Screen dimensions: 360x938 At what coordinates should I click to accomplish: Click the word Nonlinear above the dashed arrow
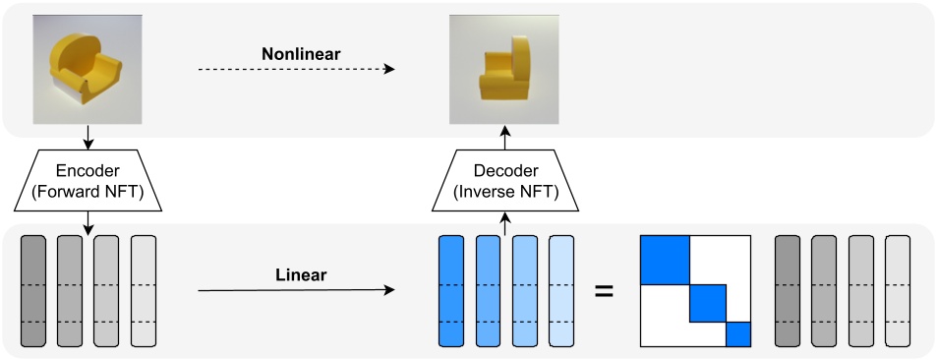pyautogui.click(x=301, y=54)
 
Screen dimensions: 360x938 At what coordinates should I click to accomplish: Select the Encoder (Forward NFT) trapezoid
pyautogui.click(x=88, y=182)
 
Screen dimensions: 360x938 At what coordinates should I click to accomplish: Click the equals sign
pyautogui.click(x=605, y=291)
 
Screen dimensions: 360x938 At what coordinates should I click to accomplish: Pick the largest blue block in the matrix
pyautogui.click(x=664, y=261)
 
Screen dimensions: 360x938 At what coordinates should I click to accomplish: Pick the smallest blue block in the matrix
pyautogui.click(x=738, y=334)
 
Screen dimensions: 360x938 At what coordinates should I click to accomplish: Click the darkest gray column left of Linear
pyautogui.click(x=32, y=291)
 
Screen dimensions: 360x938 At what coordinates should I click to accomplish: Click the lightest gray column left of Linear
pyautogui.click(x=144, y=291)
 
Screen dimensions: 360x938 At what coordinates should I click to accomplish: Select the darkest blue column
pyautogui.click(x=450, y=291)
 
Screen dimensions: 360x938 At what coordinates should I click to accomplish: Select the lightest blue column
pyautogui.click(x=561, y=291)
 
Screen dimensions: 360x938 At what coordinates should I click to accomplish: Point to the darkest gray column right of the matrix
pyautogui.click(x=788, y=291)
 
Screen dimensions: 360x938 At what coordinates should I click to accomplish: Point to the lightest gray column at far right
pyautogui.click(x=898, y=291)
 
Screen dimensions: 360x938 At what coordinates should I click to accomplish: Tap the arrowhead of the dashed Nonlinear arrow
pyautogui.click(x=389, y=69)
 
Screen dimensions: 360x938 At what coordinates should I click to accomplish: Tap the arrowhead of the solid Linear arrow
pyautogui.click(x=389, y=291)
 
